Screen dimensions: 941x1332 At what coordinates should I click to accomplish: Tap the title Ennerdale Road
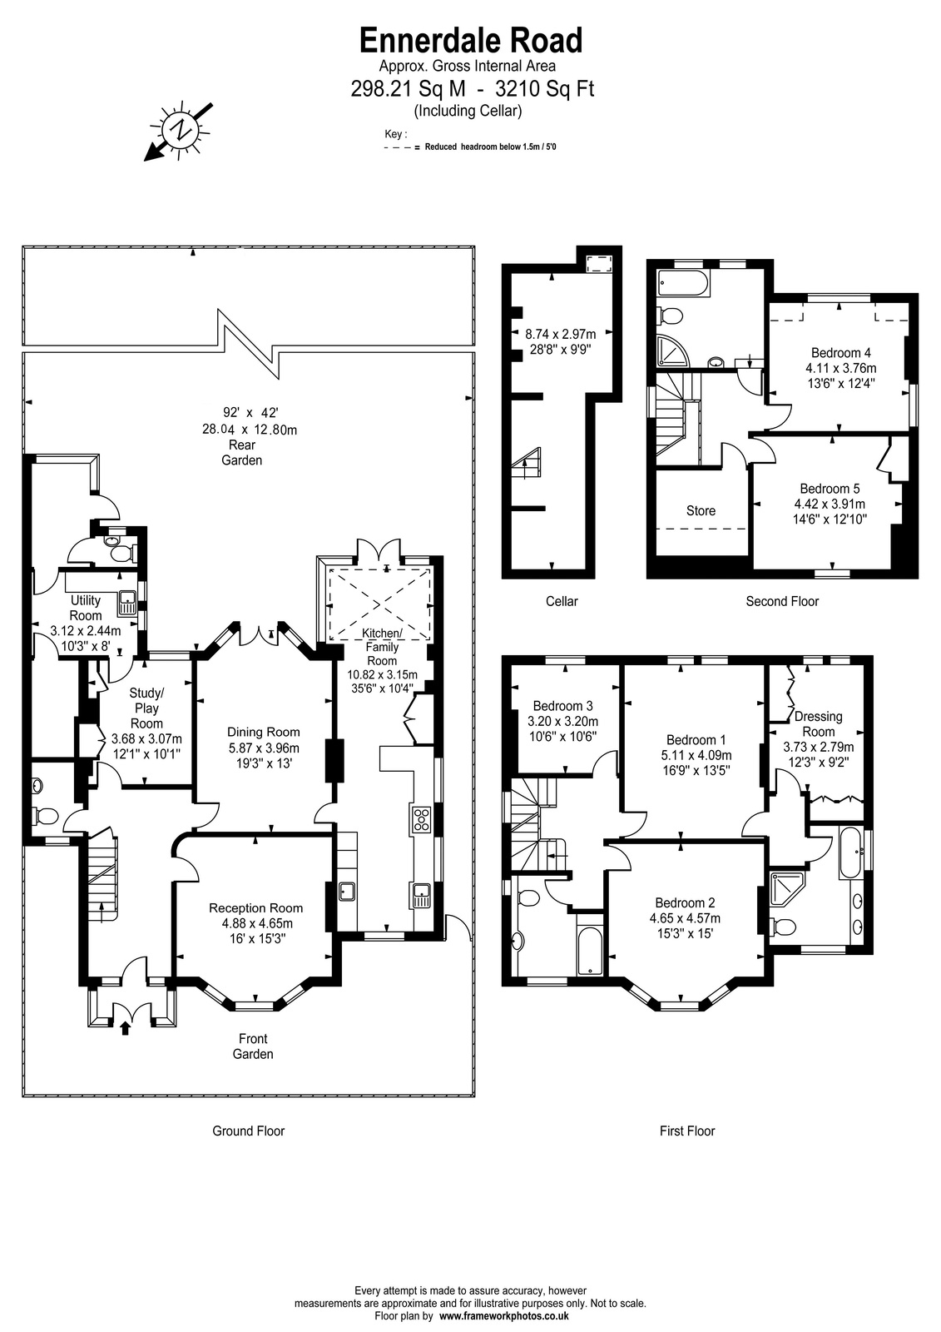click(471, 41)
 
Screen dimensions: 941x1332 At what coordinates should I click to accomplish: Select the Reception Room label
click(255, 908)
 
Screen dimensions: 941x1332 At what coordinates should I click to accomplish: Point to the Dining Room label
click(264, 732)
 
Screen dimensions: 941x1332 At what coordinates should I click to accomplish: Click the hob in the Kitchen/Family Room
click(422, 819)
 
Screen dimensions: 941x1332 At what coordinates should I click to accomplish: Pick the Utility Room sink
click(128, 604)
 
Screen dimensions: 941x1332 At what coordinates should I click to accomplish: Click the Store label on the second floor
click(701, 511)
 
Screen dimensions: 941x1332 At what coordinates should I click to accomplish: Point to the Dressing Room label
click(819, 723)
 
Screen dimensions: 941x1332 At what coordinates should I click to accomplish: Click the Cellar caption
click(562, 601)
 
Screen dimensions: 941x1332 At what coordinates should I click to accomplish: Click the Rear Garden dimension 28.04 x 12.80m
click(250, 430)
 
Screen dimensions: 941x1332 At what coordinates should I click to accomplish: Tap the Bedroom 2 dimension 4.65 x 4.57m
click(685, 918)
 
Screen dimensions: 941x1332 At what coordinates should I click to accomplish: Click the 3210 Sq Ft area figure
click(545, 89)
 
